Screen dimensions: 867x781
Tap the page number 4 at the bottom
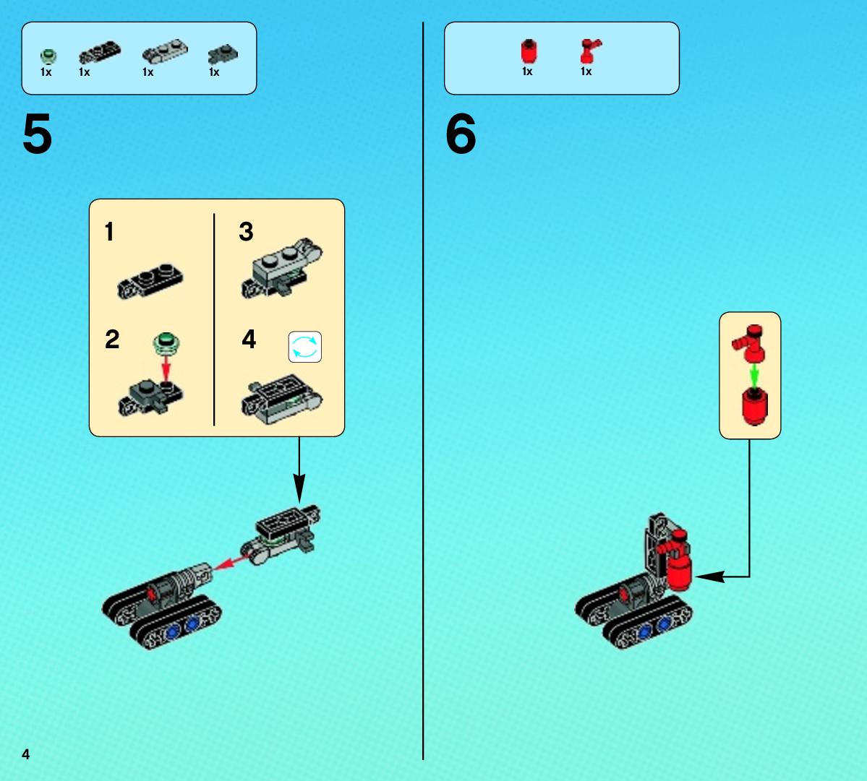click(x=25, y=754)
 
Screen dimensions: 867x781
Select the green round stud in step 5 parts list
click(x=48, y=56)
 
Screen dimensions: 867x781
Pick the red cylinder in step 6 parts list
click(x=529, y=51)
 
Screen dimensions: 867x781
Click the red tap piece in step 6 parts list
click(x=590, y=51)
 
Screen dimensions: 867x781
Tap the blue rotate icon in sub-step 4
click(x=304, y=347)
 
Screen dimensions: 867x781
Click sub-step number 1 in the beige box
click(x=109, y=231)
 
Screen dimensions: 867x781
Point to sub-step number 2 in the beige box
click(x=112, y=339)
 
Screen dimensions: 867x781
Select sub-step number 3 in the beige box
click(x=246, y=231)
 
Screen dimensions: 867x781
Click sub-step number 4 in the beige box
click(x=249, y=339)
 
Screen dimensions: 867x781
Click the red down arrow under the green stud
click(x=166, y=368)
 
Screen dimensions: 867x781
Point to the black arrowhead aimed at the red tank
click(x=710, y=577)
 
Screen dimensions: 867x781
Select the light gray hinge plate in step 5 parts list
click(x=165, y=51)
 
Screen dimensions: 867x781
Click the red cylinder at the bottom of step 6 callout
click(x=754, y=406)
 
